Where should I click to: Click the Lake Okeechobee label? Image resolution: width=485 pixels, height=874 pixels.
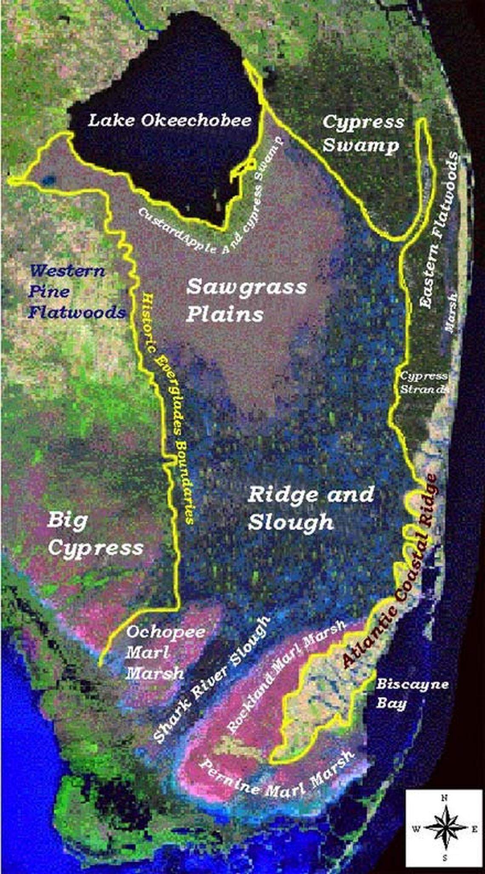[169, 121]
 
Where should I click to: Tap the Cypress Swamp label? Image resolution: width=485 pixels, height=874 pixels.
[363, 133]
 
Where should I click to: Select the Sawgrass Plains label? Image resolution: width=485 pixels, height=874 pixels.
[246, 300]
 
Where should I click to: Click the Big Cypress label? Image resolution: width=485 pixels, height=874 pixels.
[94, 534]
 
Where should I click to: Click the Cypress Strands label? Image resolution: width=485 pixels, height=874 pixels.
[424, 382]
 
